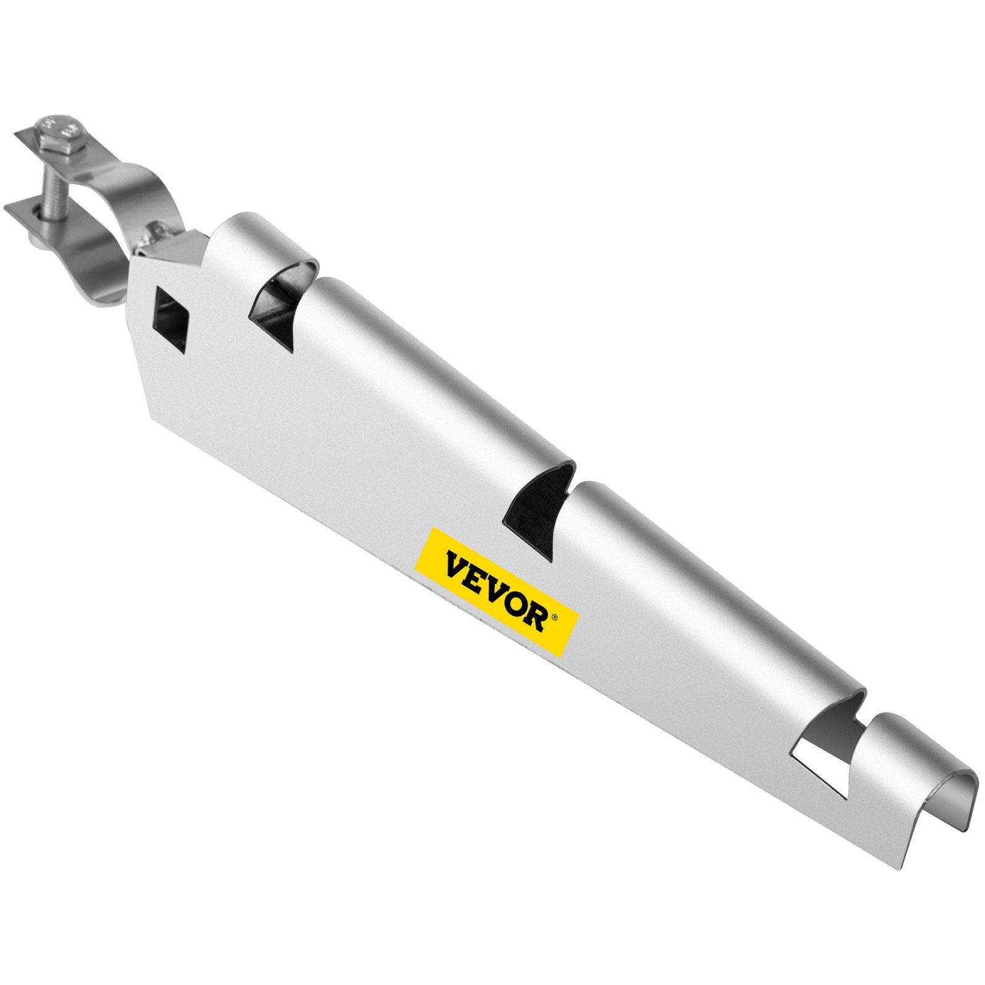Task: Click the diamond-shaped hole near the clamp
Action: tap(171, 320)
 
